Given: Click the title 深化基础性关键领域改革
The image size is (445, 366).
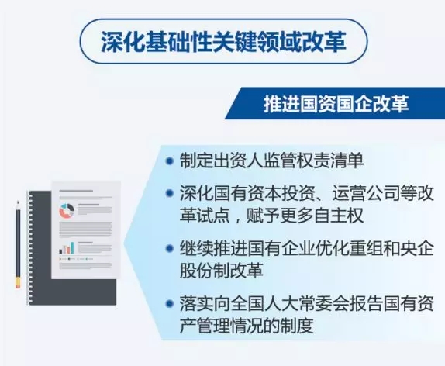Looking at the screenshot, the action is pos(223,41).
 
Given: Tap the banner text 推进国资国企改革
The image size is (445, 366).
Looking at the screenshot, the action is pos(336,104).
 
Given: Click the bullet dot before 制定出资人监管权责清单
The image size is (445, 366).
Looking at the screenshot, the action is pos(170,161).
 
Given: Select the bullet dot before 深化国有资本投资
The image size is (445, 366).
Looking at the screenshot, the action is pos(170,193).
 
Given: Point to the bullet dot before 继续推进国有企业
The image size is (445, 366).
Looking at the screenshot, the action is pos(170,249).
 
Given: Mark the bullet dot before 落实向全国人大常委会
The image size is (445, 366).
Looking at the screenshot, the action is pos(170,304).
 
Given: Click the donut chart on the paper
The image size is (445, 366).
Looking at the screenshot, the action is pos(67,211).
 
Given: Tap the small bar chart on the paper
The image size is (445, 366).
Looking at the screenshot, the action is pos(67,248).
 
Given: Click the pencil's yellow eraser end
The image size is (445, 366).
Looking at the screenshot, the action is pos(18,283).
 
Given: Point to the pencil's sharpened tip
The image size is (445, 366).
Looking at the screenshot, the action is pos(18,202).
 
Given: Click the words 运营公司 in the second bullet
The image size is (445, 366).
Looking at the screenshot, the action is pos(366,193).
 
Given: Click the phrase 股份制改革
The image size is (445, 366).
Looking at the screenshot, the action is pos(222,271).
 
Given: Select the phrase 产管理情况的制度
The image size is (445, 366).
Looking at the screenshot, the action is pos(247,326).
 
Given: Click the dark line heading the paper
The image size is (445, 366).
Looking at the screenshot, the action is pos(76,191).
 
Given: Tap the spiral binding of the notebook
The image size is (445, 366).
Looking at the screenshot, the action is pos(29,248).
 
